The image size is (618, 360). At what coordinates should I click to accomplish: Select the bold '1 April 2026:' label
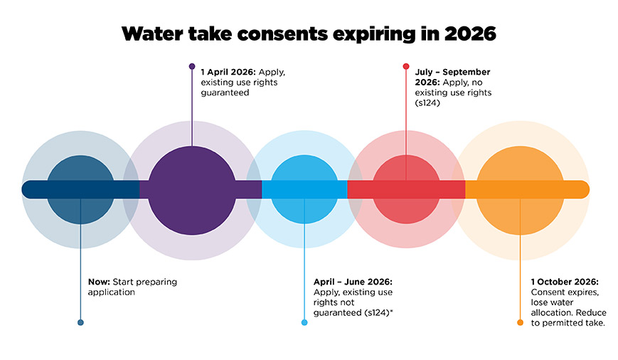[x=228, y=72]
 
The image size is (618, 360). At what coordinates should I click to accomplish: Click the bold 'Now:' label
[x=99, y=282]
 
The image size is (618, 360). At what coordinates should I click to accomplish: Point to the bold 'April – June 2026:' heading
[x=353, y=282]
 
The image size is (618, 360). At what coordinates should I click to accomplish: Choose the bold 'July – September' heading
[x=452, y=72]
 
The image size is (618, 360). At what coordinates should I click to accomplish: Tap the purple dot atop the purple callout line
[x=192, y=67]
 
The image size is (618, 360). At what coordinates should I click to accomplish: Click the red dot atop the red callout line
[x=406, y=67]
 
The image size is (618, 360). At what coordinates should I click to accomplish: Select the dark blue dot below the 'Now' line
[x=80, y=322]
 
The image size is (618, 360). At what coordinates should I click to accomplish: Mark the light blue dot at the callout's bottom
[x=304, y=322]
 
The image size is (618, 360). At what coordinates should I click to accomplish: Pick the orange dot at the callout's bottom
[x=520, y=322]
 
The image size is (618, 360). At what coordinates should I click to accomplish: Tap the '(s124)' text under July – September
[x=428, y=102]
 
